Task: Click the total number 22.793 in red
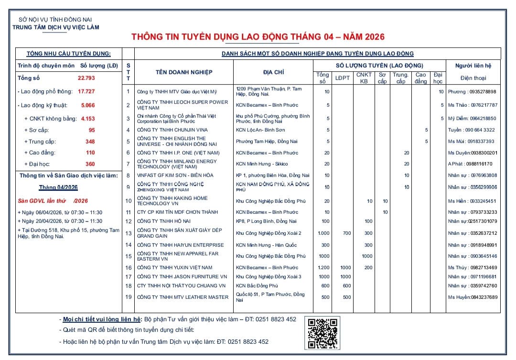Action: point(86,77)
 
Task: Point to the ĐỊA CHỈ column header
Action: point(273,72)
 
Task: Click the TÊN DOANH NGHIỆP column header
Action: point(184,72)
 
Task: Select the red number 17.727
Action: point(86,91)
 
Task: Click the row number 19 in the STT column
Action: point(128,297)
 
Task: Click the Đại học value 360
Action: point(90,164)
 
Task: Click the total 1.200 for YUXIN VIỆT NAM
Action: point(323,268)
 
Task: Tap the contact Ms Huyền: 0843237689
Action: point(473,297)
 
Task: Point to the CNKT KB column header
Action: point(364,78)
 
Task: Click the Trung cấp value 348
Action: point(90,142)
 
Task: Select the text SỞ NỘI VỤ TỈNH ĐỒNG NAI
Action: point(55,20)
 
